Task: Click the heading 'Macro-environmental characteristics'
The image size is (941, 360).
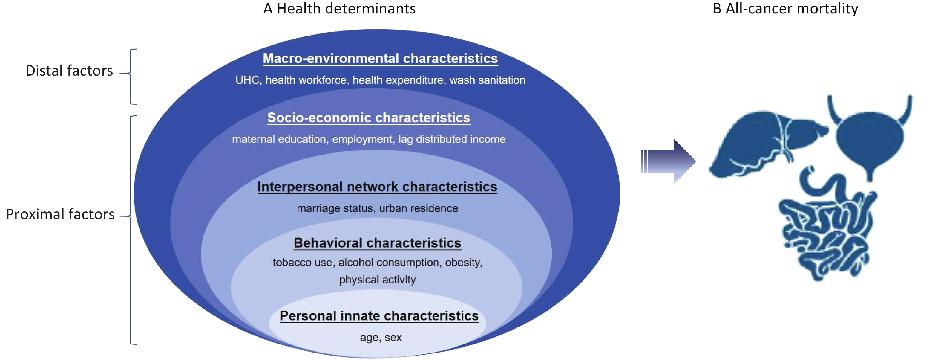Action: point(380,59)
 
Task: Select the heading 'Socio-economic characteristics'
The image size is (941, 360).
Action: point(369,118)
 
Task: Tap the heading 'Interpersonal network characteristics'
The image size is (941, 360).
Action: point(377,187)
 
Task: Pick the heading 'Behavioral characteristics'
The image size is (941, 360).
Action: point(377,243)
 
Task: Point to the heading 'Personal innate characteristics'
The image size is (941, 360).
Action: point(379,316)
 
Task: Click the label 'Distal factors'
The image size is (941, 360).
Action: point(69,71)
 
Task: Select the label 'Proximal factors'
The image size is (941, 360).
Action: point(60,214)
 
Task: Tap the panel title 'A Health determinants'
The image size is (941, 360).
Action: point(339,8)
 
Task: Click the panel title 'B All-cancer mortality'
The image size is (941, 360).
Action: point(785,8)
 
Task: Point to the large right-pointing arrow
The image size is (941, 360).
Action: point(669,161)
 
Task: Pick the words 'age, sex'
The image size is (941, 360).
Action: point(381,337)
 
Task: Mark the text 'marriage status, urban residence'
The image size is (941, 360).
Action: point(377,208)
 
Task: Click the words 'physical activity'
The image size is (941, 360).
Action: point(377,280)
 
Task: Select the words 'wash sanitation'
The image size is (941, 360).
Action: point(487,80)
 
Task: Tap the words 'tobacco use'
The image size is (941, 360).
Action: point(302,263)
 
